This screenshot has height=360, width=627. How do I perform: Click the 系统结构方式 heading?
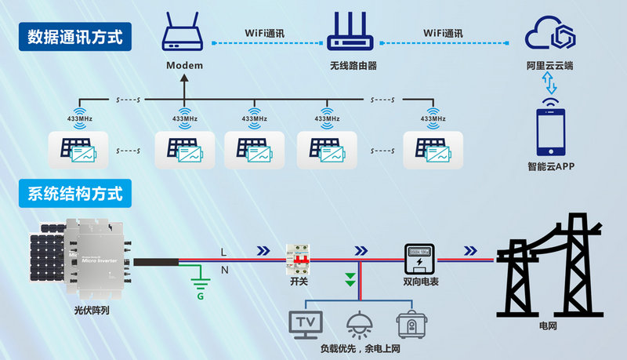[75, 192]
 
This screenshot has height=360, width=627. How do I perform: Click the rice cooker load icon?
[408, 323]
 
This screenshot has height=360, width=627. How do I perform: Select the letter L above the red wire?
[223, 252]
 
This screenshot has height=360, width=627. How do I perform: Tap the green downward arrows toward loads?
[351, 278]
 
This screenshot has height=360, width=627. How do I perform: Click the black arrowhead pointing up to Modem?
[184, 78]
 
